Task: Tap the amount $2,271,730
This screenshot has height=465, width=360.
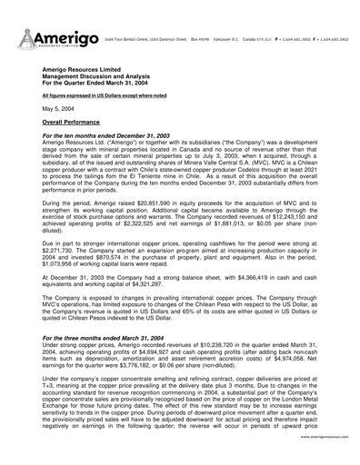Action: click(62, 255)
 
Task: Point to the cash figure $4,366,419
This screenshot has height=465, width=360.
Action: click(259, 288)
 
